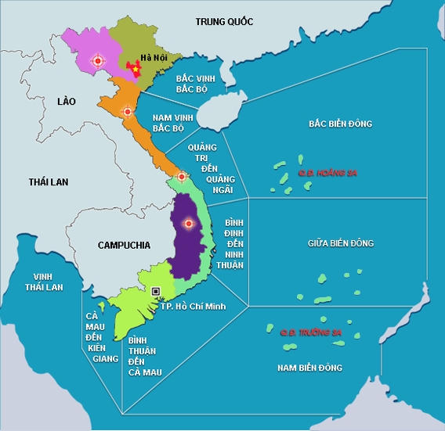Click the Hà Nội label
[153, 56]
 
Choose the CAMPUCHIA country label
[124, 245]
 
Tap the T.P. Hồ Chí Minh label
[193, 305]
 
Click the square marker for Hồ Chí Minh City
[156, 291]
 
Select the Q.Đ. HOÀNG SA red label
[327, 172]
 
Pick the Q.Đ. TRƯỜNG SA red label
[311, 332]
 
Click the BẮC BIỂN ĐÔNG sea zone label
[339, 124]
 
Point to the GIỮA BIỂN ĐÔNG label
[341, 243]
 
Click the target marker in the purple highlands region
[187, 224]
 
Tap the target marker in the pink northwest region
[97, 59]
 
